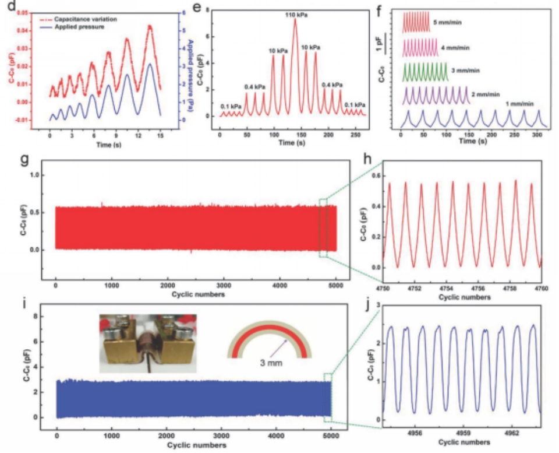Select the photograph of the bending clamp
[x=147, y=343]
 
